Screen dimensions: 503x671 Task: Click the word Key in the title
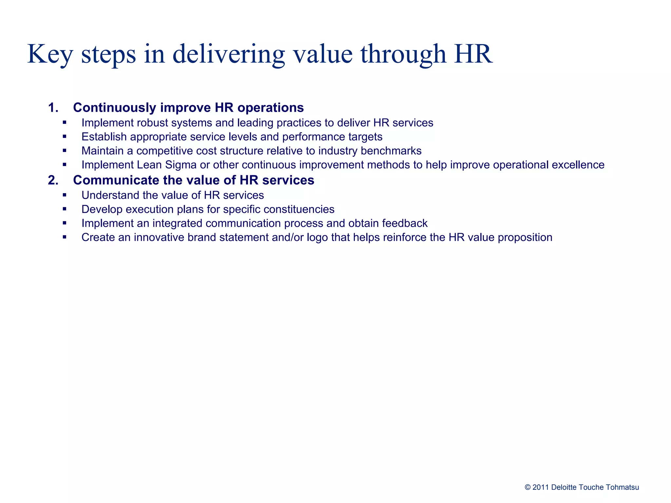point(49,54)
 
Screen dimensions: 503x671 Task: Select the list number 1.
point(53,108)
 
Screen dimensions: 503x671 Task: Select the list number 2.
point(53,180)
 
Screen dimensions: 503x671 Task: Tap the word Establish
point(104,137)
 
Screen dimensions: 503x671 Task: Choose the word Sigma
point(181,165)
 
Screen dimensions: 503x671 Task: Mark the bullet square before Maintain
point(65,151)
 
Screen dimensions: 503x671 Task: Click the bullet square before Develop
point(65,209)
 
